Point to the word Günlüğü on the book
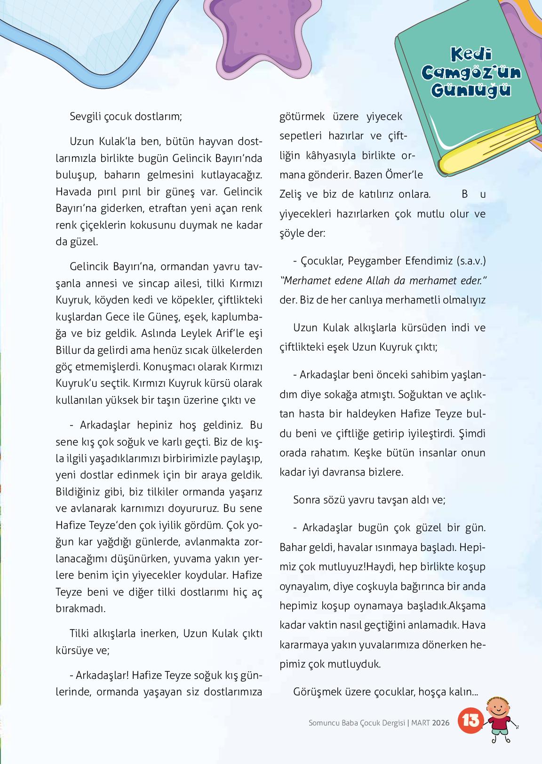(x=470, y=89)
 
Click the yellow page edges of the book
(x=489, y=141)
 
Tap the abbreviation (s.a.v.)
(x=470, y=260)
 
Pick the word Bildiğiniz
(x=79, y=492)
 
